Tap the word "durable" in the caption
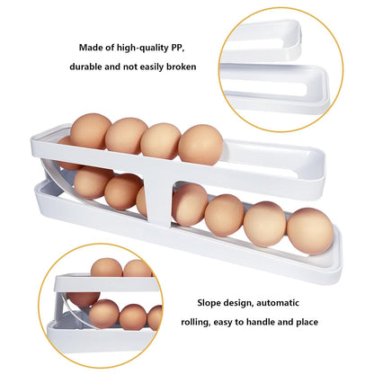tap(85, 67)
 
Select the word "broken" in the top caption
tap(182, 67)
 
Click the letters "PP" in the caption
tap(177, 48)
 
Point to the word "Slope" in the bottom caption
tap(209, 303)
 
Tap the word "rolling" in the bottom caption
tap(195, 323)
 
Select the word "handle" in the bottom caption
tap(261, 322)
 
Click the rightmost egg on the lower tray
tap(310, 231)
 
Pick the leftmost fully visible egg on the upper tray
tap(91, 131)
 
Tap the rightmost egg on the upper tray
tap(200, 145)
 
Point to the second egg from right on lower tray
tap(265, 224)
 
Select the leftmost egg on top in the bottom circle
tap(107, 268)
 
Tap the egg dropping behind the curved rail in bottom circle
tap(83, 298)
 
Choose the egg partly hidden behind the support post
tap(142, 201)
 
